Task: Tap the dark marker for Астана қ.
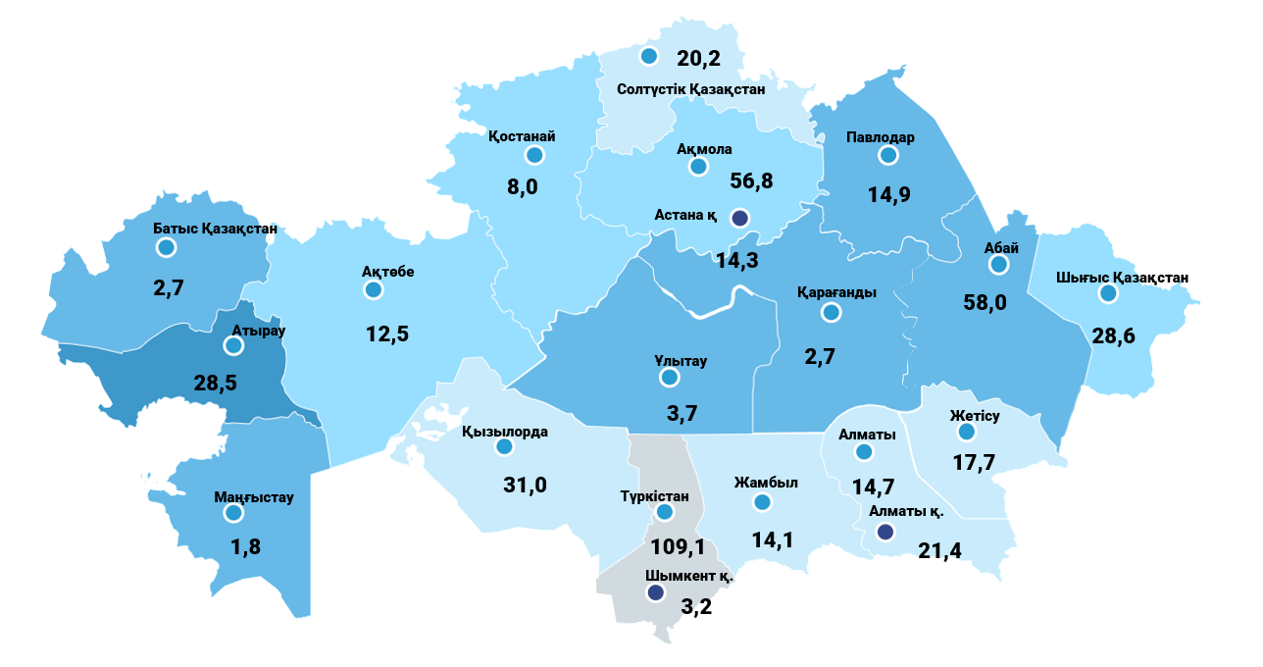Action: [740, 218]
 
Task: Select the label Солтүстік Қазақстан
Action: [691, 89]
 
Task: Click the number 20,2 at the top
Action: [698, 59]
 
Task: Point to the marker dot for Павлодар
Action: [888, 156]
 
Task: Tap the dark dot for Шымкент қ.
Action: [655, 593]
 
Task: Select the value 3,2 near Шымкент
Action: [695, 605]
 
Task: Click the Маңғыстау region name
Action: [254, 497]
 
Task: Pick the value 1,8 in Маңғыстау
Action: [245, 547]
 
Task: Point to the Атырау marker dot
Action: [233, 345]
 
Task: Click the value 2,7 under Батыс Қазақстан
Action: [169, 288]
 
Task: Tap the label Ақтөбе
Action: [388, 272]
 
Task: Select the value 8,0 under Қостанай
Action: [523, 186]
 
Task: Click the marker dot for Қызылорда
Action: [504, 447]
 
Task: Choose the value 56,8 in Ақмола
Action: [752, 181]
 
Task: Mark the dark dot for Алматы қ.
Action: [884, 532]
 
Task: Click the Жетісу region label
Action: [974, 416]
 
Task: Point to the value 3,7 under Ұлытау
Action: [682, 414]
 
